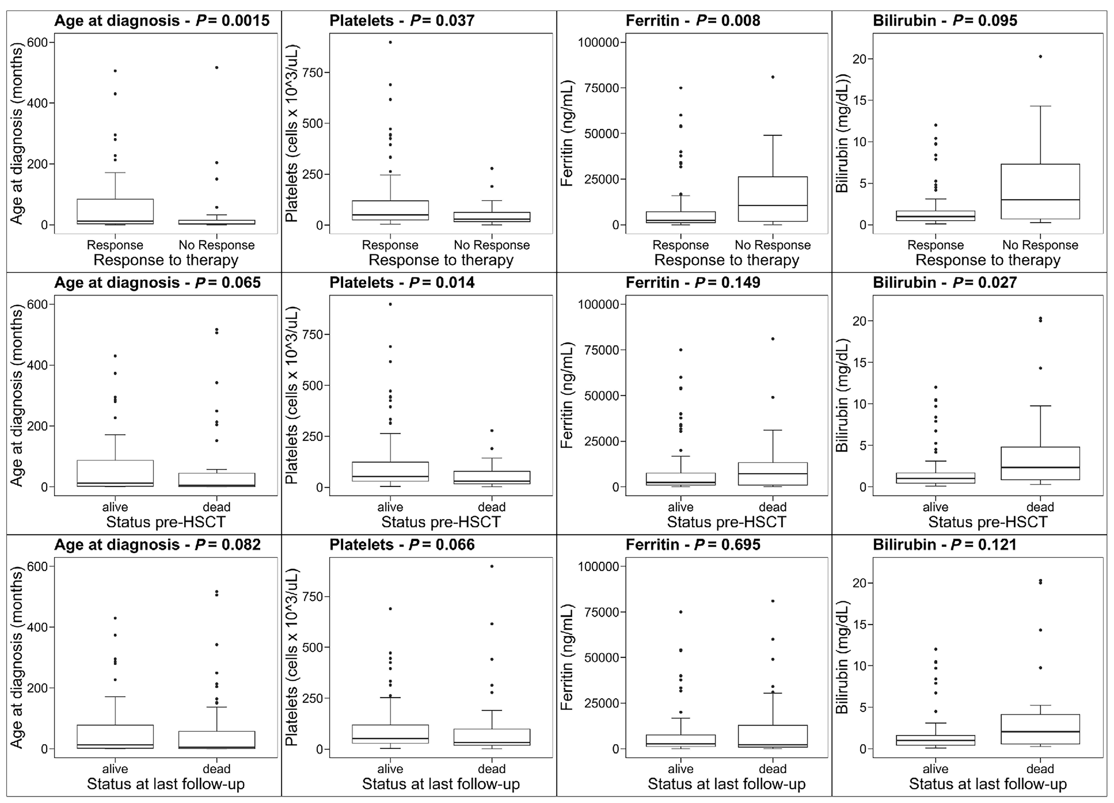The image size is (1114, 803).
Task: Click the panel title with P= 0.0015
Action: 162,21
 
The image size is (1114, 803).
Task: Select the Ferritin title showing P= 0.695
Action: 693,545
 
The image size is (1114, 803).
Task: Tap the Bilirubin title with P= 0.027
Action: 945,282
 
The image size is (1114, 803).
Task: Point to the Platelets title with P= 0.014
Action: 402,282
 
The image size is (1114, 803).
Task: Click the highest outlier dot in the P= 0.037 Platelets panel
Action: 390,42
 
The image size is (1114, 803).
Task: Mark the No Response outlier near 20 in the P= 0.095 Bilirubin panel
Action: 1040,56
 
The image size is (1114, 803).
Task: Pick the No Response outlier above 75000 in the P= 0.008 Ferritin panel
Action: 773,77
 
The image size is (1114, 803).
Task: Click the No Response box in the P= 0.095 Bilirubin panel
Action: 1040,192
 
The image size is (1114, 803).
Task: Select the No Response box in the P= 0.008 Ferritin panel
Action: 773,199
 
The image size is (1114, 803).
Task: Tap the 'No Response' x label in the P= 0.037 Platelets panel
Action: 492,245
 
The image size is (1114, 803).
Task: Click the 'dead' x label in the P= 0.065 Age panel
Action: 217,507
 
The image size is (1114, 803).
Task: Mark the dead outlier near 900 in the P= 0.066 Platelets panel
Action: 492,566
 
